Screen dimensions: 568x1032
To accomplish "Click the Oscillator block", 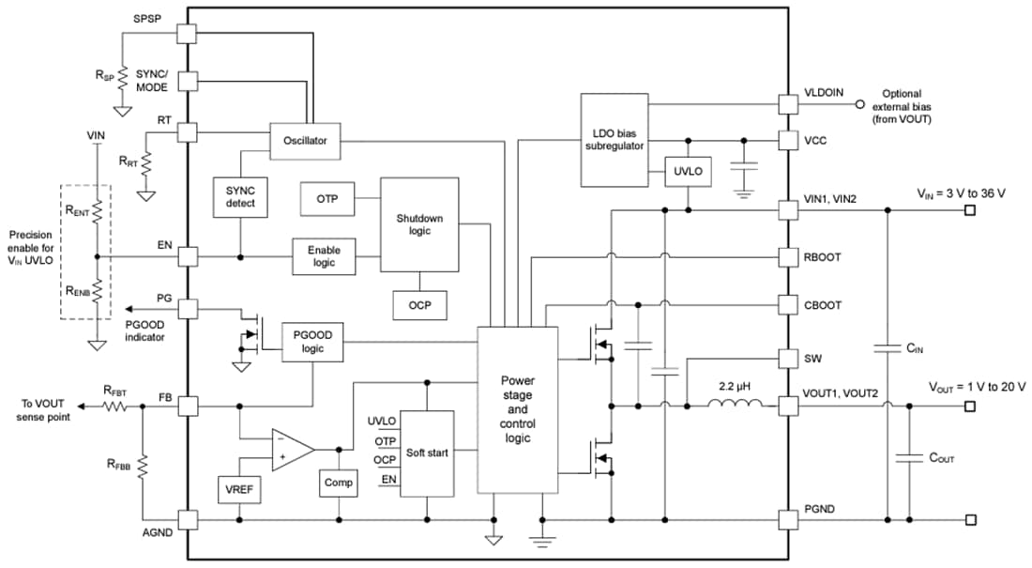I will point(305,140).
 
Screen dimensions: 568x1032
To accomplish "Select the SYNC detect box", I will point(240,197).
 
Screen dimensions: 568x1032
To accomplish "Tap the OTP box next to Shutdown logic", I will point(327,199).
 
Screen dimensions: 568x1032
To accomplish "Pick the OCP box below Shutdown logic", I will point(419,303).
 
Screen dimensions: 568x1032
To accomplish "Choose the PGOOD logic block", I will point(313,343).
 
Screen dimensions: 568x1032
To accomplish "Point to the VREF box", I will point(240,489).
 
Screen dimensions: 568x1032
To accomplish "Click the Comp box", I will point(339,483).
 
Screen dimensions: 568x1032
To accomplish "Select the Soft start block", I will point(427,453).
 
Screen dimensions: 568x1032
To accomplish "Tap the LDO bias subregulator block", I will point(614,140).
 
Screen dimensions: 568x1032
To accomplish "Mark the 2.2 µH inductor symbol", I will point(734,406).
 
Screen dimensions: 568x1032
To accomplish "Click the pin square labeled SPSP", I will point(187,33).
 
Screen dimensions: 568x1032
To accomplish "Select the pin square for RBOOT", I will point(789,256).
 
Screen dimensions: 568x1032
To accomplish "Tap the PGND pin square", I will point(789,519).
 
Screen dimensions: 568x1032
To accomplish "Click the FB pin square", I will point(187,407).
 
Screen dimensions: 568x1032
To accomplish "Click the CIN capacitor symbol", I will point(886,348).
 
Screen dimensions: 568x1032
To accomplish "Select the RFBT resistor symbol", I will point(115,407).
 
